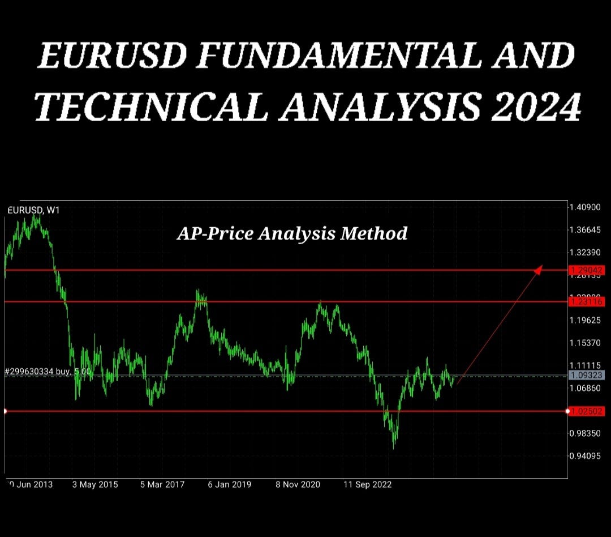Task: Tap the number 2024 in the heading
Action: (536, 106)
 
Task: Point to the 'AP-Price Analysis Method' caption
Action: (292, 233)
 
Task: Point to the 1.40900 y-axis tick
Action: (586, 207)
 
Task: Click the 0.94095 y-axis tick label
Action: (586, 455)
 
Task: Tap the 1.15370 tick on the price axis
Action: (586, 343)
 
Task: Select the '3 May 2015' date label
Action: (95, 484)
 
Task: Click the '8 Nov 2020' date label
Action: (298, 484)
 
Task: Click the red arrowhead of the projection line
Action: (539, 269)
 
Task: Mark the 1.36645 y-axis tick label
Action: (586, 230)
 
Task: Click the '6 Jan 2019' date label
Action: (229, 484)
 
